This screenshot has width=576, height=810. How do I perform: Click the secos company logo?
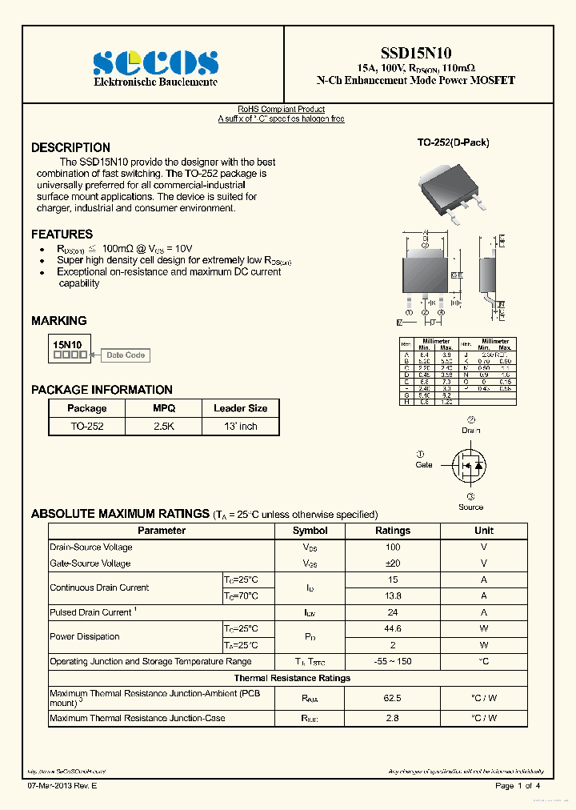point(155,63)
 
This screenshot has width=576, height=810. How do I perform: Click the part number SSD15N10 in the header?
point(416,52)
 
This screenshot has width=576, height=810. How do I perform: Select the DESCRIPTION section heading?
point(70,148)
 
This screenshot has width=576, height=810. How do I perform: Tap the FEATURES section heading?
point(62,235)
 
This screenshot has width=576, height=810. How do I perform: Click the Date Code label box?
point(126,355)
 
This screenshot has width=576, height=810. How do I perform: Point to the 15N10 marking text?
point(67,344)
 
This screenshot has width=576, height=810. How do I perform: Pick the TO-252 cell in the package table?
point(87,427)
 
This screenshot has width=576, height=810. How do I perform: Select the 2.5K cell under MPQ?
point(163,427)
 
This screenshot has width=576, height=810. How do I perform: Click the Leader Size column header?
point(240,408)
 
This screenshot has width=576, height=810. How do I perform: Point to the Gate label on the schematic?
point(424,465)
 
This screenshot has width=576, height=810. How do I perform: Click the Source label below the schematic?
point(470,507)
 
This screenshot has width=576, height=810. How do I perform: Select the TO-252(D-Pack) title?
point(453,142)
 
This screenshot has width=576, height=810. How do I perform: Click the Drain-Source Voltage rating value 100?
point(393,547)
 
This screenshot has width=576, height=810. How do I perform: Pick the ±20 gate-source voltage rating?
point(393,563)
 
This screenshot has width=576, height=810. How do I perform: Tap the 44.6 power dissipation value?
point(393,629)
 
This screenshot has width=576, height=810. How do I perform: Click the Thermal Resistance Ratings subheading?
point(292,678)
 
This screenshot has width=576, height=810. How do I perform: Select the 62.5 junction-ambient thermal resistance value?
point(393,698)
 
